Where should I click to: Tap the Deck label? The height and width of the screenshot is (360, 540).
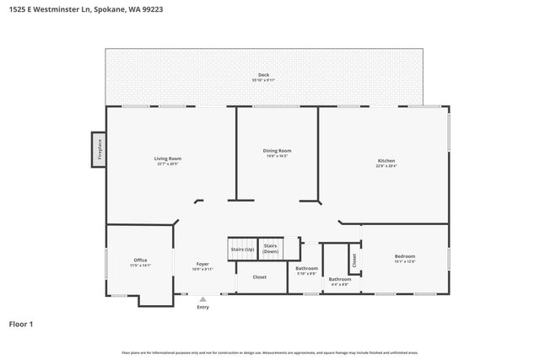pos(263,75)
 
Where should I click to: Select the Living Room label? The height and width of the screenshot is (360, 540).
pos(167,159)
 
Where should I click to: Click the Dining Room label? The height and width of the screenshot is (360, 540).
pos(278,151)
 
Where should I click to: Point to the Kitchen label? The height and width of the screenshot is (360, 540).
pos(386,161)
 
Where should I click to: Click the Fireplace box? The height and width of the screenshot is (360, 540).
pos(100,148)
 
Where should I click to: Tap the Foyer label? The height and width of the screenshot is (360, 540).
pos(202,264)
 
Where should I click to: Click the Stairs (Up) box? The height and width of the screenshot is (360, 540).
pos(241,250)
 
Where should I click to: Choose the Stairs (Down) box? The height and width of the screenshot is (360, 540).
pos(271,249)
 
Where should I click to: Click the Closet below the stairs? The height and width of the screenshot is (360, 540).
pos(260,277)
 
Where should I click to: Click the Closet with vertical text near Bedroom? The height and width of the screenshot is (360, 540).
pos(354,261)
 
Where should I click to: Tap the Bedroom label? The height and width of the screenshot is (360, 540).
pos(405,256)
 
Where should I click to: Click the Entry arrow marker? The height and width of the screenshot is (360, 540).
pos(202,299)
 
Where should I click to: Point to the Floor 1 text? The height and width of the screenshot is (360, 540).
pos(22,324)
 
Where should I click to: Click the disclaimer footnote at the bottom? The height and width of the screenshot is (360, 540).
pos(269,352)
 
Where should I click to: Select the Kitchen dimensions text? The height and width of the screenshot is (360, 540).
pos(386,166)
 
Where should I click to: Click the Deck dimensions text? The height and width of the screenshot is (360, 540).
pos(263,80)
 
